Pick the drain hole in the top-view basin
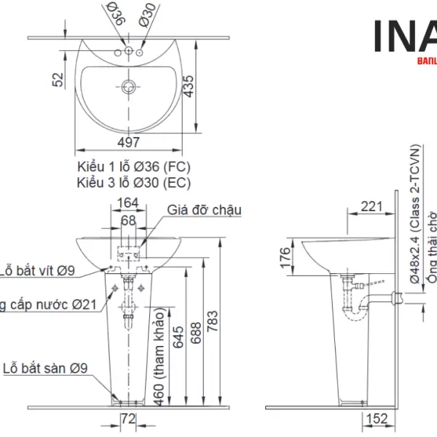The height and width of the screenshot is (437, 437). point(130,86)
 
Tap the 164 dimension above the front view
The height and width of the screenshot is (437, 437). point(128,202)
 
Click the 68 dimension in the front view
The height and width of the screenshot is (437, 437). point(128,219)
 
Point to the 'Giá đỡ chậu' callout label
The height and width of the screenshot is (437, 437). point(204,210)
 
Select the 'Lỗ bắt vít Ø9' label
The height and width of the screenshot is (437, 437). point(37,271)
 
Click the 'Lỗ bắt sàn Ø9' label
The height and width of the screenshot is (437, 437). point(44,369)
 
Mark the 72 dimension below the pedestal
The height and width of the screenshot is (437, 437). point(128,419)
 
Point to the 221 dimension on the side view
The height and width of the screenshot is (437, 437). point(371,207)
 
